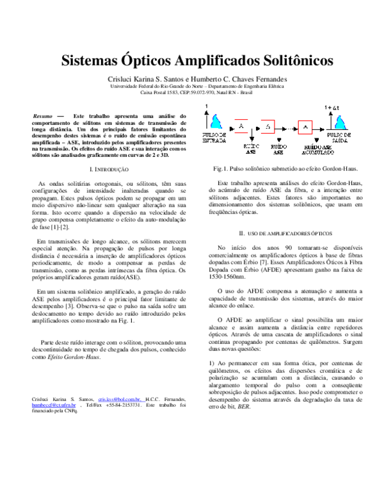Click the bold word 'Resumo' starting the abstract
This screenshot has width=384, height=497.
coord(43,116)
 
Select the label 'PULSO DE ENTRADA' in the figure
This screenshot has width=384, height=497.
coord(212,138)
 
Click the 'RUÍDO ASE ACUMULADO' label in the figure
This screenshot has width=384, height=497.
coord(318,149)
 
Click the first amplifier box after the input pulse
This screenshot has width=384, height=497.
coord(241,127)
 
